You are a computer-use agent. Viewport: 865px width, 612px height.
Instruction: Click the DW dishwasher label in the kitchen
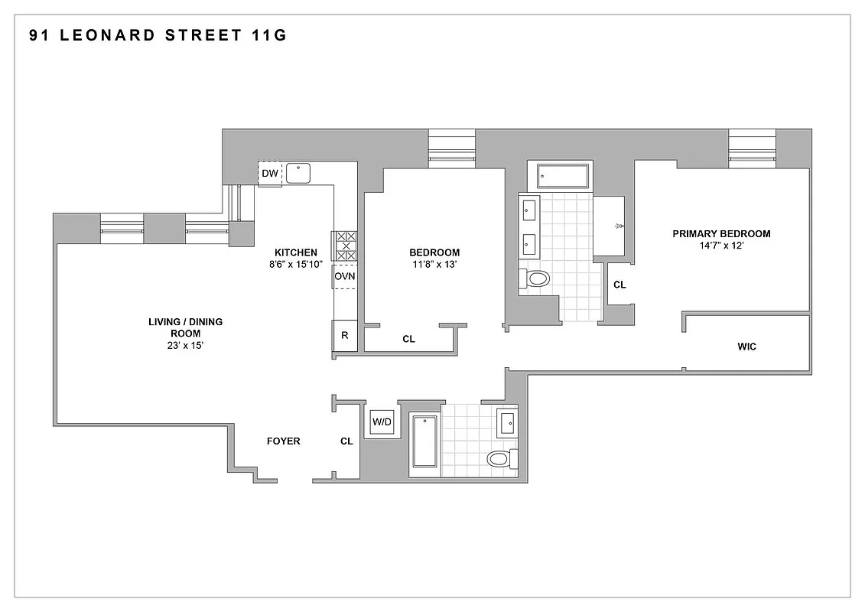(x=269, y=174)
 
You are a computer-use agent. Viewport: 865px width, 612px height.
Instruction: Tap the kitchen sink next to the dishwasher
(x=298, y=174)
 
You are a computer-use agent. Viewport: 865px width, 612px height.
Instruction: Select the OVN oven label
(x=345, y=276)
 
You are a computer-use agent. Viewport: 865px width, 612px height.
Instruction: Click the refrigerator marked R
(x=345, y=335)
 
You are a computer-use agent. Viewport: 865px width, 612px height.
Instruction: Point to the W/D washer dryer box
(x=381, y=422)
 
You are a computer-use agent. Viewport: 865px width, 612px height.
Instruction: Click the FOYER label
(x=283, y=441)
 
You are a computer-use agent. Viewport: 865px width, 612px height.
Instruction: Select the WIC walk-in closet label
(x=746, y=347)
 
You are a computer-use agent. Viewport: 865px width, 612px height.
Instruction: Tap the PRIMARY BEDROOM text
(x=721, y=234)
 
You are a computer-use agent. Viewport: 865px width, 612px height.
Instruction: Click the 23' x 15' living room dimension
(x=185, y=346)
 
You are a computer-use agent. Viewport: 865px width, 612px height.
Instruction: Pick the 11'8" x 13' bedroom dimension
(x=434, y=265)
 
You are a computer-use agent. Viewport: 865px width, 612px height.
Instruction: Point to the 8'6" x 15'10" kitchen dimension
(x=296, y=265)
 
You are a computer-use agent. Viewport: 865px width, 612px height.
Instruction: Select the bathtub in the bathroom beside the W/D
(x=424, y=441)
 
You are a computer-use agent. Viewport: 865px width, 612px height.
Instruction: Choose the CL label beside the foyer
(x=346, y=441)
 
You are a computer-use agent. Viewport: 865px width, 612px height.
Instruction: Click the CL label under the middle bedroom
(x=408, y=338)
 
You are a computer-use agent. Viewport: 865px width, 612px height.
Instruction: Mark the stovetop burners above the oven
(x=345, y=246)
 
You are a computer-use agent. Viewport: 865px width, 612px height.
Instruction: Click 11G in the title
(x=269, y=35)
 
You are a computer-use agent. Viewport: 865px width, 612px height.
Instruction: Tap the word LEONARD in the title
(x=101, y=35)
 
